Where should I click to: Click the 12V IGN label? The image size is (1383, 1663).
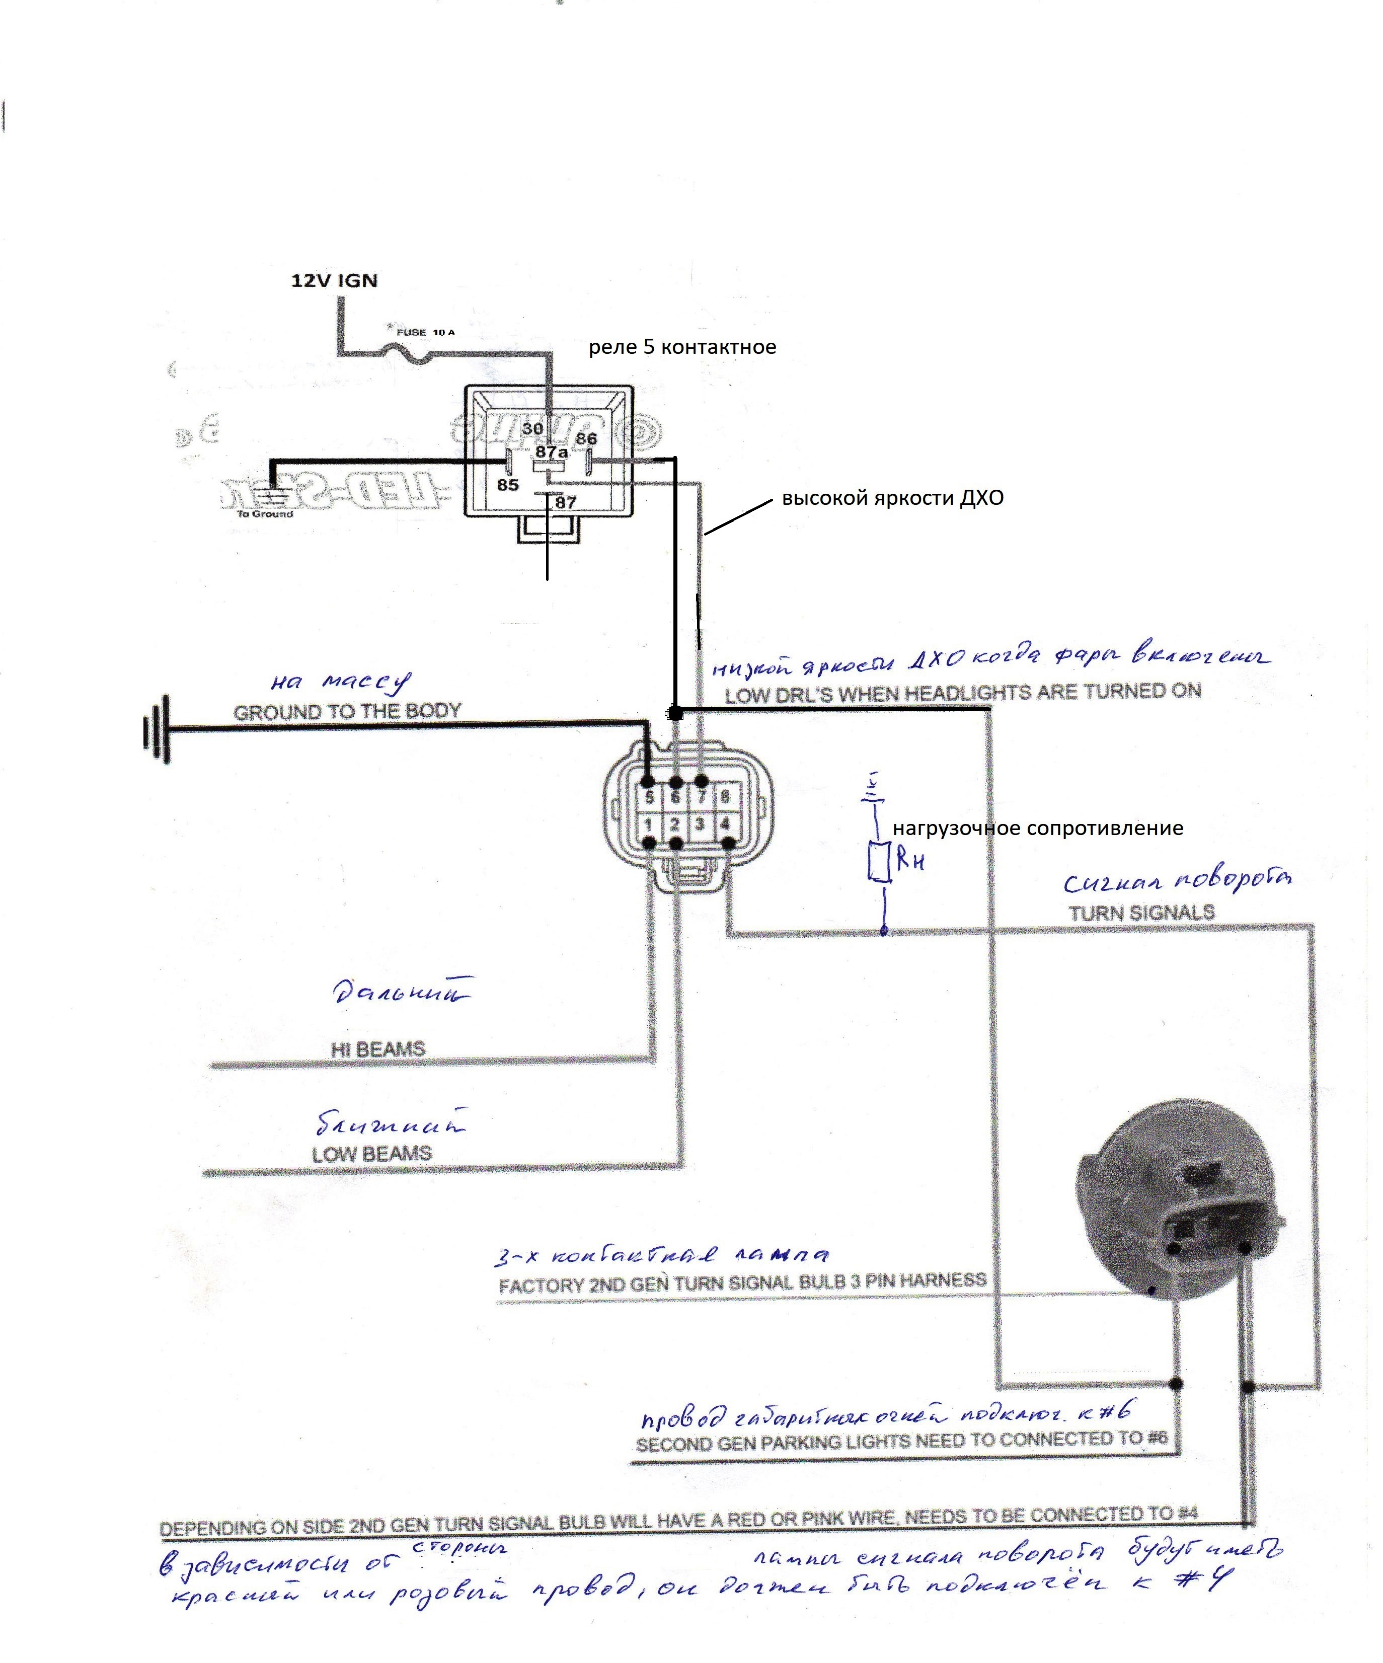334,280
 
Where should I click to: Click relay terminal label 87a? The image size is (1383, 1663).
552,452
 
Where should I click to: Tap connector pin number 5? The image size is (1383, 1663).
649,797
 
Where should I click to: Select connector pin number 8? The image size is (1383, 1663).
724,797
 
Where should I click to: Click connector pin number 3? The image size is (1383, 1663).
700,825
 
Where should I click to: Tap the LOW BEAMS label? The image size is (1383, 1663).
372,1154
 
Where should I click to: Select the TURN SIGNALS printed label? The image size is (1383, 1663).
1141,913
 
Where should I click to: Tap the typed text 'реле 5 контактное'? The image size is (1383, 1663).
681,347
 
